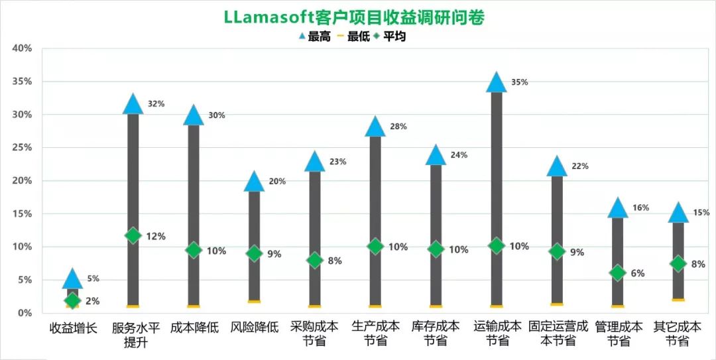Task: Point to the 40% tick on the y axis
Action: pyautogui.click(x=22, y=48)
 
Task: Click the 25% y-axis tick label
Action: pyautogui.click(x=22, y=147)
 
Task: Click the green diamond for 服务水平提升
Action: pyautogui.click(x=133, y=235)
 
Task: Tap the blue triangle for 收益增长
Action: pyautogui.click(x=72, y=279)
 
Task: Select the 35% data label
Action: pyautogui.click(x=520, y=82)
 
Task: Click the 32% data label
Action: pyautogui.click(x=156, y=104)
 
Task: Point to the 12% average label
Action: pyautogui.click(x=156, y=236)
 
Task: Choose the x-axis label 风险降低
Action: pyautogui.click(x=254, y=328)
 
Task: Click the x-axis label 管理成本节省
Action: pyautogui.click(x=618, y=333)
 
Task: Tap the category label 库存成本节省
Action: pyautogui.click(x=436, y=333)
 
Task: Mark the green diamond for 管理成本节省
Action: pyautogui.click(x=618, y=273)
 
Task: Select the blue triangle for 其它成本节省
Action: pyautogui.click(x=678, y=213)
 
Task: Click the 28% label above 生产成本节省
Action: pyautogui.click(x=398, y=127)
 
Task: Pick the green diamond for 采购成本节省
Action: pyautogui.click(x=315, y=260)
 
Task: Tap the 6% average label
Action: pyautogui.click(x=638, y=273)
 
